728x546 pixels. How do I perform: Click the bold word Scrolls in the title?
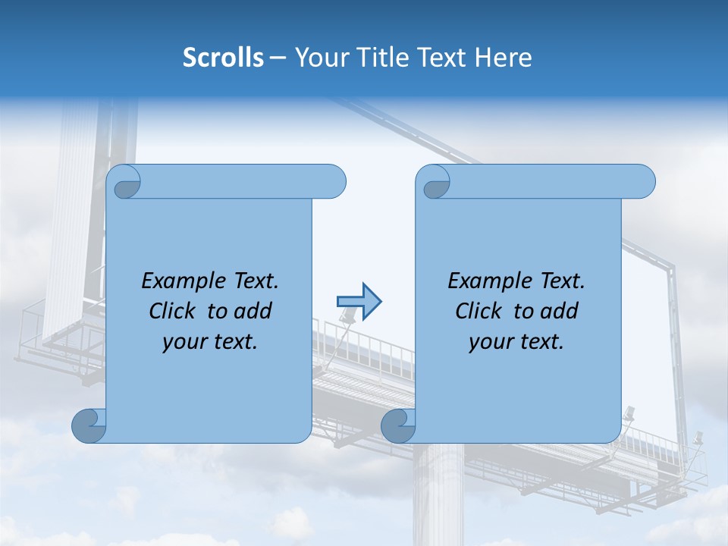point(223,58)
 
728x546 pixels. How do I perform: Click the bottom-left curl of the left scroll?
point(88,426)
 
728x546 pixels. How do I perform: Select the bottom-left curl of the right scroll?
point(397,426)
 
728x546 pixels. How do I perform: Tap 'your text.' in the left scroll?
point(210,341)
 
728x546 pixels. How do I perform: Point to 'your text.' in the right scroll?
point(516,341)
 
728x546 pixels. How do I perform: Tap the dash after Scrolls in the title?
point(278,58)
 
